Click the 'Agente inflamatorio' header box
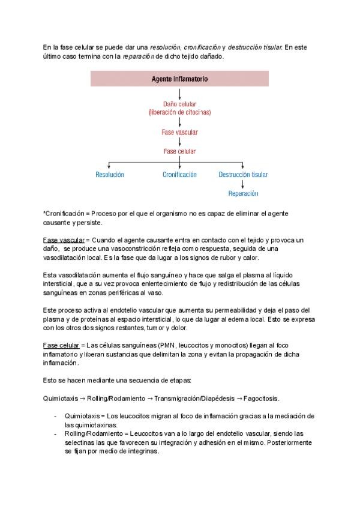tap(179, 79)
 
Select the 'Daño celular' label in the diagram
tap(179, 104)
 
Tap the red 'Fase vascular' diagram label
tap(179, 132)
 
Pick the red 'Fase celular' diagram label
tap(179, 151)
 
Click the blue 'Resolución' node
tap(109, 175)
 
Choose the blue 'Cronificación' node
tap(179, 175)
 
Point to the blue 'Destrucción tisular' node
tap(243, 175)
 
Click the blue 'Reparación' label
tap(243, 194)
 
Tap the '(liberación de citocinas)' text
tap(179, 112)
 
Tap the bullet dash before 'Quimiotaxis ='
tap(55, 416)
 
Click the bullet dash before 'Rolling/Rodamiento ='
tap(55, 433)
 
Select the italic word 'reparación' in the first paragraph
tap(139, 56)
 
